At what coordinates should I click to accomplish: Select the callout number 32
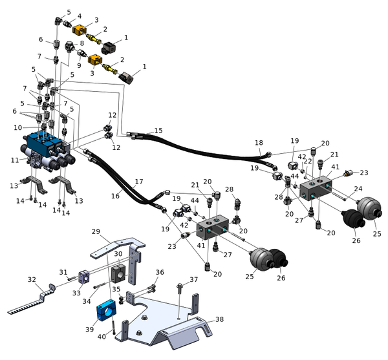[x=32, y=280]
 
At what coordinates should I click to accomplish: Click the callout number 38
[x=220, y=319]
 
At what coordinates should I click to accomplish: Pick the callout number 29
[x=95, y=231]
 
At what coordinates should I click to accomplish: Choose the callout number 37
[x=193, y=280]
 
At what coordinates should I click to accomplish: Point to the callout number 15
[x=158, y=131]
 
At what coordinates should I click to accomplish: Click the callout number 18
[x=259, y=142]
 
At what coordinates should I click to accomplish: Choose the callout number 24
[x=358, y=189]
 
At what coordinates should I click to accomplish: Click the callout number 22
[x=308, y=162]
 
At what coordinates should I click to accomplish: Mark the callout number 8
[x=81, y=43]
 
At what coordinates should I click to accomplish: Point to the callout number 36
[x=160, y=272]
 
